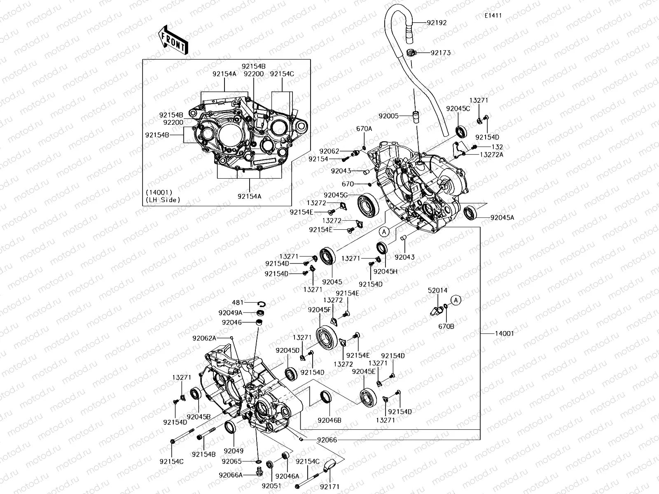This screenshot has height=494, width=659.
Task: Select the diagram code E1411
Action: pos(493,16)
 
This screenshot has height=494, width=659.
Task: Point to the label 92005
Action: pos(388,116)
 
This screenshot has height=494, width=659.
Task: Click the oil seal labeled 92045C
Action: pos(461,131)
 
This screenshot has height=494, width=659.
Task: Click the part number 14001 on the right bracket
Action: pos(504,333)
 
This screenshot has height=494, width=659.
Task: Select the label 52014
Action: pos(437,290)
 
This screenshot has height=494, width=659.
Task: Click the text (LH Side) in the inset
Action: pos(163,200)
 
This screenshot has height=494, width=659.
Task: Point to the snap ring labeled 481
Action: pos(261,304)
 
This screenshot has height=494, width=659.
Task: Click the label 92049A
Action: pos(230,313)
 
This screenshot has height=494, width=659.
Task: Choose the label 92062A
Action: pos(204,338)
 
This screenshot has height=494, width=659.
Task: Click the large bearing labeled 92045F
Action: pos(327,334)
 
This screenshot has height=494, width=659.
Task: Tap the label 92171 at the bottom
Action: pos(329,486)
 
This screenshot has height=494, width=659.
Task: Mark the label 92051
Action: pos(271,485)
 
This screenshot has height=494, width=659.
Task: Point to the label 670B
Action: pos(446,326)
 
